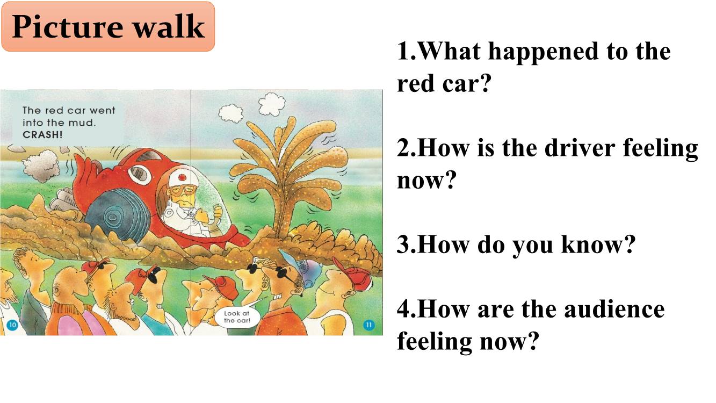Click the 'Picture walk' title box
[108, 26]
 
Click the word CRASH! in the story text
[42, 135]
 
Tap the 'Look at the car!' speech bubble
[237, 317]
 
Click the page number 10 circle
[12, 325]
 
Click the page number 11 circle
[369, 325]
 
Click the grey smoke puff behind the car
[41, 166]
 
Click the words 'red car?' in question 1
[444, 83]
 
